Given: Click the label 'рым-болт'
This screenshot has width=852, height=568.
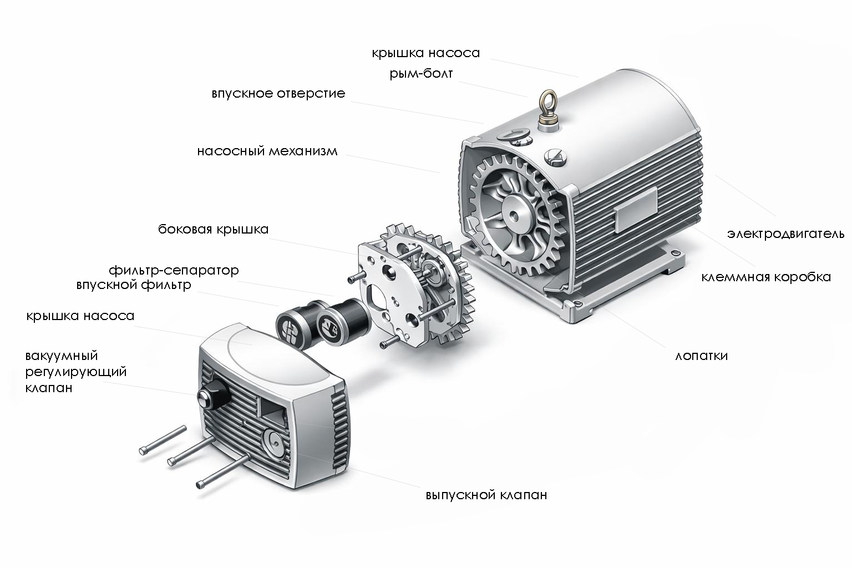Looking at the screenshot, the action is click(x=421, y=73).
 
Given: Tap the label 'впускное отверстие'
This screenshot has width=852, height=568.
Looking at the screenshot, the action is click(x=278, y=94).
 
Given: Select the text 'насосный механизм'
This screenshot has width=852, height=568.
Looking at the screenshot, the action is click(x=267, y=151).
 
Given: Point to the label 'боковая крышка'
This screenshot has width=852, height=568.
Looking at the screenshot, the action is click(x=214, y=229).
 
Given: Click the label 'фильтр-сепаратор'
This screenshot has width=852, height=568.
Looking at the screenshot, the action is click(x=174, y=271).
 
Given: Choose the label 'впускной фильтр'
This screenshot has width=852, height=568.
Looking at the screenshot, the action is click(x=134, y=285).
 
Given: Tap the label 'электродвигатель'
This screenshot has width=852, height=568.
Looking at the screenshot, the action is click(x=786, y=234).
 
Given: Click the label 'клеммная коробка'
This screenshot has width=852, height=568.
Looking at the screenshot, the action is click(x=766, y=277).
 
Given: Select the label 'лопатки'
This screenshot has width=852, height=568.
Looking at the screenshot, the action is click(x=701, y=356).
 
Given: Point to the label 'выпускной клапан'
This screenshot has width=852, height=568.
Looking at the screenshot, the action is click(x=486, y=495).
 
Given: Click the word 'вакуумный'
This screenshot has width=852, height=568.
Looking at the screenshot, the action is click(x=62, y=356).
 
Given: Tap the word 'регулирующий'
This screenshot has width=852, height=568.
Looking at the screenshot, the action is click(x=75, y=372).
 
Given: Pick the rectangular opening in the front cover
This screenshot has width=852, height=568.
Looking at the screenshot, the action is click(x=273, y=412).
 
